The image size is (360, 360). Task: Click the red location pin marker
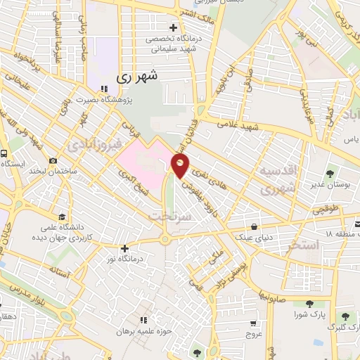181,167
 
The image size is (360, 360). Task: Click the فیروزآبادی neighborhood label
89,146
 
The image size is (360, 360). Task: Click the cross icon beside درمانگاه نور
124,248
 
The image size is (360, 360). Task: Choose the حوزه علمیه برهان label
145,331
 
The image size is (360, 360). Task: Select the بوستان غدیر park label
330,184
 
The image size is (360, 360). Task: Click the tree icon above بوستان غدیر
330,172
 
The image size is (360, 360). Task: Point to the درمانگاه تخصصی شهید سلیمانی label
173,45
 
